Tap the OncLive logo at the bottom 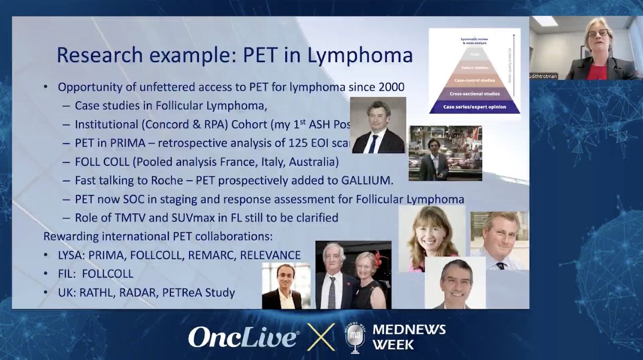click(x=243, y=338)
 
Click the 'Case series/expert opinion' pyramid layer click(x=474, y=107)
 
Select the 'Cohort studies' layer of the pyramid click(x=474, y=69)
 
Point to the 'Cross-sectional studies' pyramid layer click(x=474, y=93)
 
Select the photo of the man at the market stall click(x=445, y=153)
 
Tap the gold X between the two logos click(x=321, y=337)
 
